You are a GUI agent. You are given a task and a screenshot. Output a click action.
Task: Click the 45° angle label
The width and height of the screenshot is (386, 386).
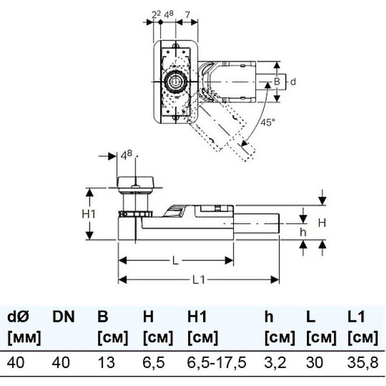pyautogui.click(x=268, y=123)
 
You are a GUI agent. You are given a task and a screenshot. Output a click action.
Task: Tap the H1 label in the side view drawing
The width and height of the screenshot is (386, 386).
pyautogui.click(x=89, y=214)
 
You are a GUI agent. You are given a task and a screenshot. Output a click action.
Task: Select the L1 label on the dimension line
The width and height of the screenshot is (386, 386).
pyautogui.click(x=198, y=280)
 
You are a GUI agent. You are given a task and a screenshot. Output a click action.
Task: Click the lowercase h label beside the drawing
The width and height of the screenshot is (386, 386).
pyautogui.click(x=303, y=232)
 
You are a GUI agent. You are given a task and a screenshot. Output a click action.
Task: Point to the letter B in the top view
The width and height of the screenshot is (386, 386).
pyautogui.click(x=277, y=82)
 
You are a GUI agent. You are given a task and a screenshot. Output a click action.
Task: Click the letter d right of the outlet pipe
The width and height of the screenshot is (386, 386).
pyautogui.click(x=293, y=82)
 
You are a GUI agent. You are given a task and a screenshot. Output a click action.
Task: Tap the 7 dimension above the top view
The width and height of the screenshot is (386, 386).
pyautogui.click(x=188, y=15)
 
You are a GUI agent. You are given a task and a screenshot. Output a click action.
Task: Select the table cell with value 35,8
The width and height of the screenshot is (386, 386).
pyautogui.click(x=363, y=363)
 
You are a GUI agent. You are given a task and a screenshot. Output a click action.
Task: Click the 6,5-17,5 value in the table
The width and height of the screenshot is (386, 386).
pyautogui.click(x=217, y=363)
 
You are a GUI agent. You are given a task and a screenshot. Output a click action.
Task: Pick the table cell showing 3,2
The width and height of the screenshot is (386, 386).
pyautogui.click(x=275, y=363)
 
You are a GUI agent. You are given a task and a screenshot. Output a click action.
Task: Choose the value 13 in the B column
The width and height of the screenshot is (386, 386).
pyautogui.click(x=106, y=362)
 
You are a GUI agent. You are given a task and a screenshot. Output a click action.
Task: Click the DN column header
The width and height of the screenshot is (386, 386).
pyautogui.click(x=63, y=317)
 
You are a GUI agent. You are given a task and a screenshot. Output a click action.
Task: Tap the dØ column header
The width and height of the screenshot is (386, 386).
pyautogui.click(x=18, y=317)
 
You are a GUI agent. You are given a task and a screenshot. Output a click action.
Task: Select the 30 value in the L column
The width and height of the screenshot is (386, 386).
pyautogui.click(x=315, y=362)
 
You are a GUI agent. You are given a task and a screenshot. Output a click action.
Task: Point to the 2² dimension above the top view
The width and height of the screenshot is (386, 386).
pyautogui.click(x=156, y=15)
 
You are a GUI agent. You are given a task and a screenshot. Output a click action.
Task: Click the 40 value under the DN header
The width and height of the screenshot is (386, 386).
pyautogui.click(x=61, y=362)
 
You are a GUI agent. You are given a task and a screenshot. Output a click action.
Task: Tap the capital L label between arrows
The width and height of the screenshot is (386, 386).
pyautogui.click(x=175, y=261)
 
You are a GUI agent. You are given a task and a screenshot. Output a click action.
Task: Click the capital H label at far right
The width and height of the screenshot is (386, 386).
pyautogui.click(x=322, y=223)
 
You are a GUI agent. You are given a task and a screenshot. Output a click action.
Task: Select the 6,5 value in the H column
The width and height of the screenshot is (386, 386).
pyautogui.click(x=153, y=363)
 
